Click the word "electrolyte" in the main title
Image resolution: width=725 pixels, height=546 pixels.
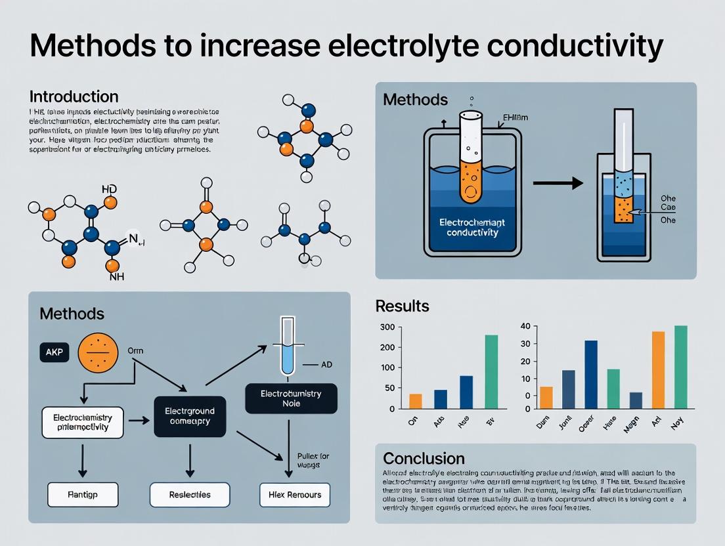[370, 47]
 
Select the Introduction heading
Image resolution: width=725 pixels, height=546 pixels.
[74, 96]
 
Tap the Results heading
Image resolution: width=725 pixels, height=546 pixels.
[402, 306]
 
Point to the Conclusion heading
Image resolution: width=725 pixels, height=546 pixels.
[424, 458]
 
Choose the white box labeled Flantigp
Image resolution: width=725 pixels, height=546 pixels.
[83, 495]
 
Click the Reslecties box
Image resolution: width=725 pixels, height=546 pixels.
[190, 495]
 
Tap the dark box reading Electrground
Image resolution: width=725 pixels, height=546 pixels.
[189, 417]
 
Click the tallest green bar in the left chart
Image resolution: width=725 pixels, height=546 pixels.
[491, 372]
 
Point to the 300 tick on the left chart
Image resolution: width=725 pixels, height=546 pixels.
[387, 327]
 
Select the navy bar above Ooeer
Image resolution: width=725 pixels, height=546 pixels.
[591, 375]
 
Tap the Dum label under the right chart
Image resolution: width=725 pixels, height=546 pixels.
[542, 423]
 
